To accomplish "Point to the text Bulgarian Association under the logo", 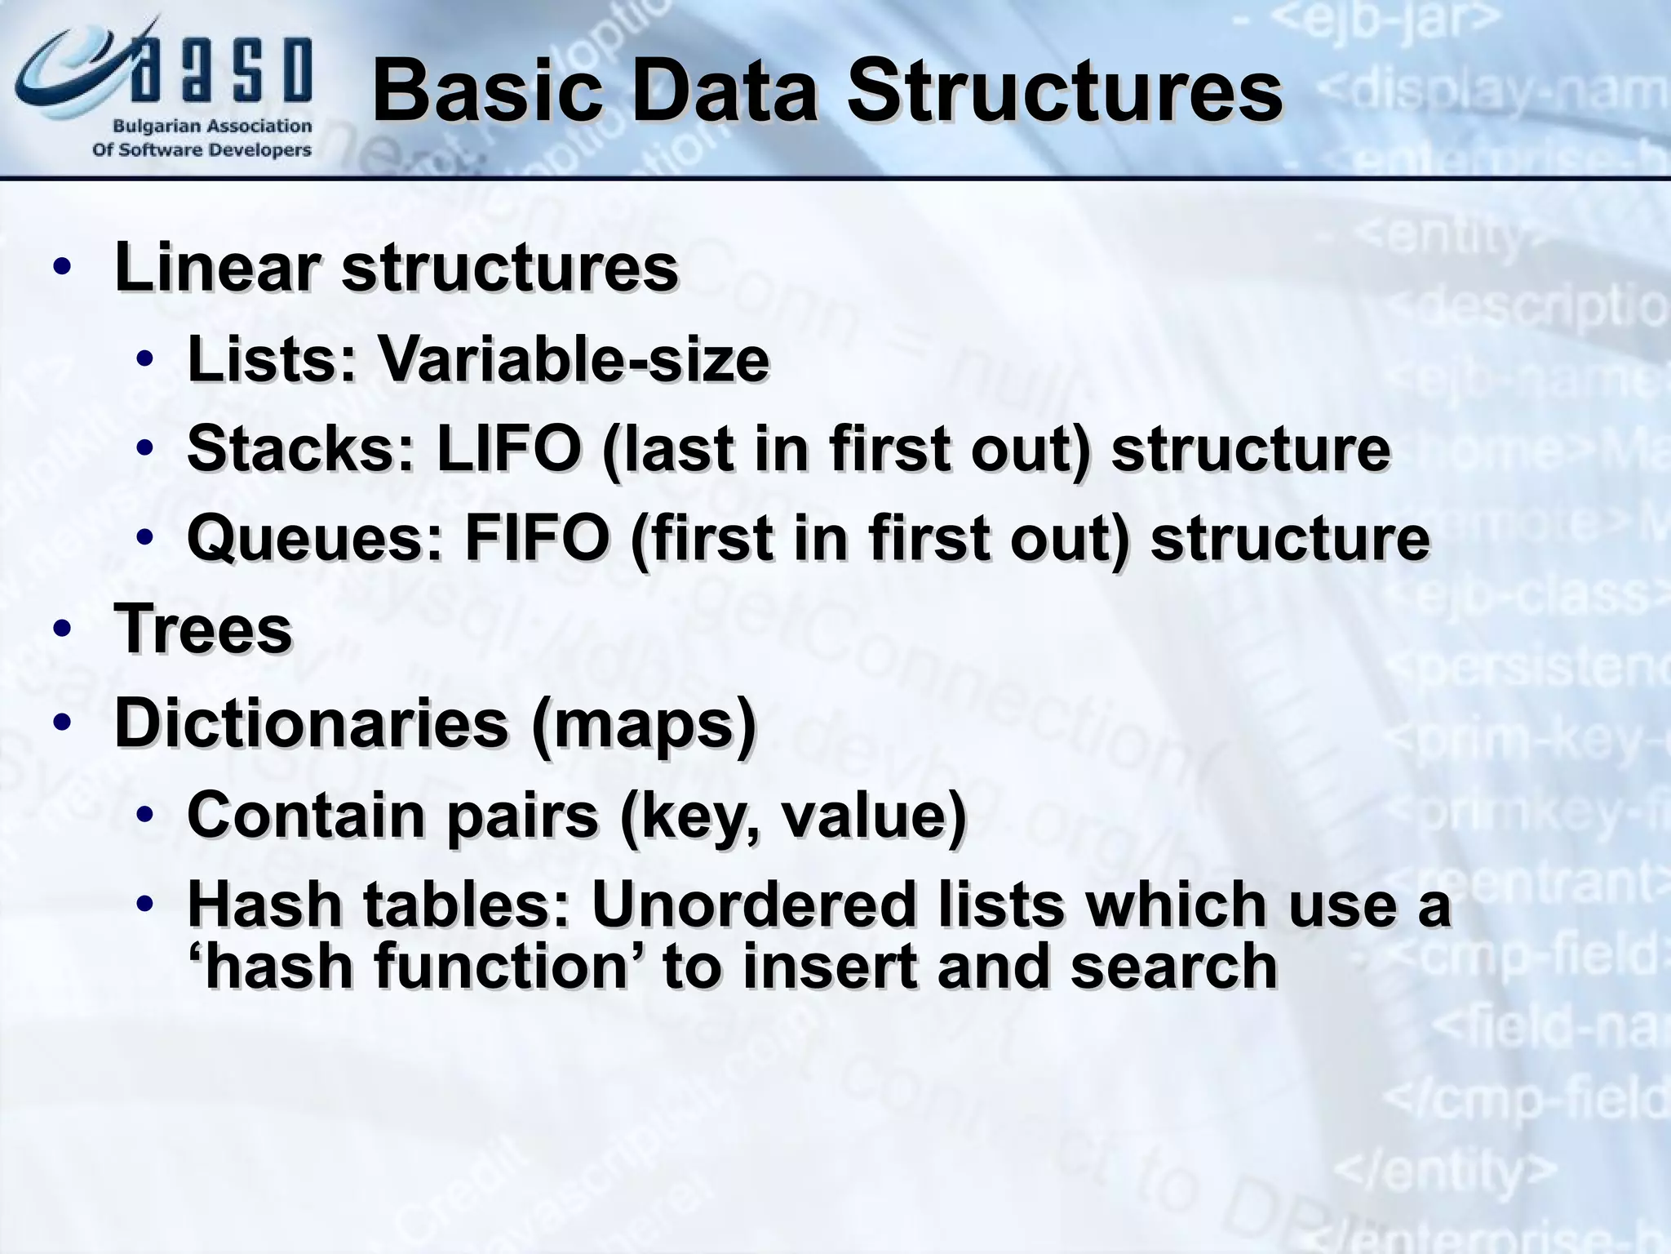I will [212, 127].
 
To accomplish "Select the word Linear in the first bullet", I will [216, 267].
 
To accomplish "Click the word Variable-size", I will [571, 359].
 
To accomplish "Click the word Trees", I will [203, 629].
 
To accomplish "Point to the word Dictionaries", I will [311, 723].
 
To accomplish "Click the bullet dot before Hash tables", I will [145, 905].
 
